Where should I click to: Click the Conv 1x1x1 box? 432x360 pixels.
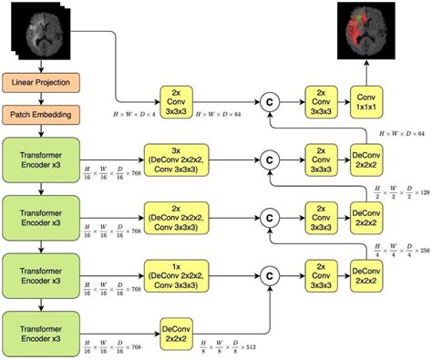(x=365, y=101)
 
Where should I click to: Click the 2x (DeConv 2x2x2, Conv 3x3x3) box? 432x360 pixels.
(x=177, y=216)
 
